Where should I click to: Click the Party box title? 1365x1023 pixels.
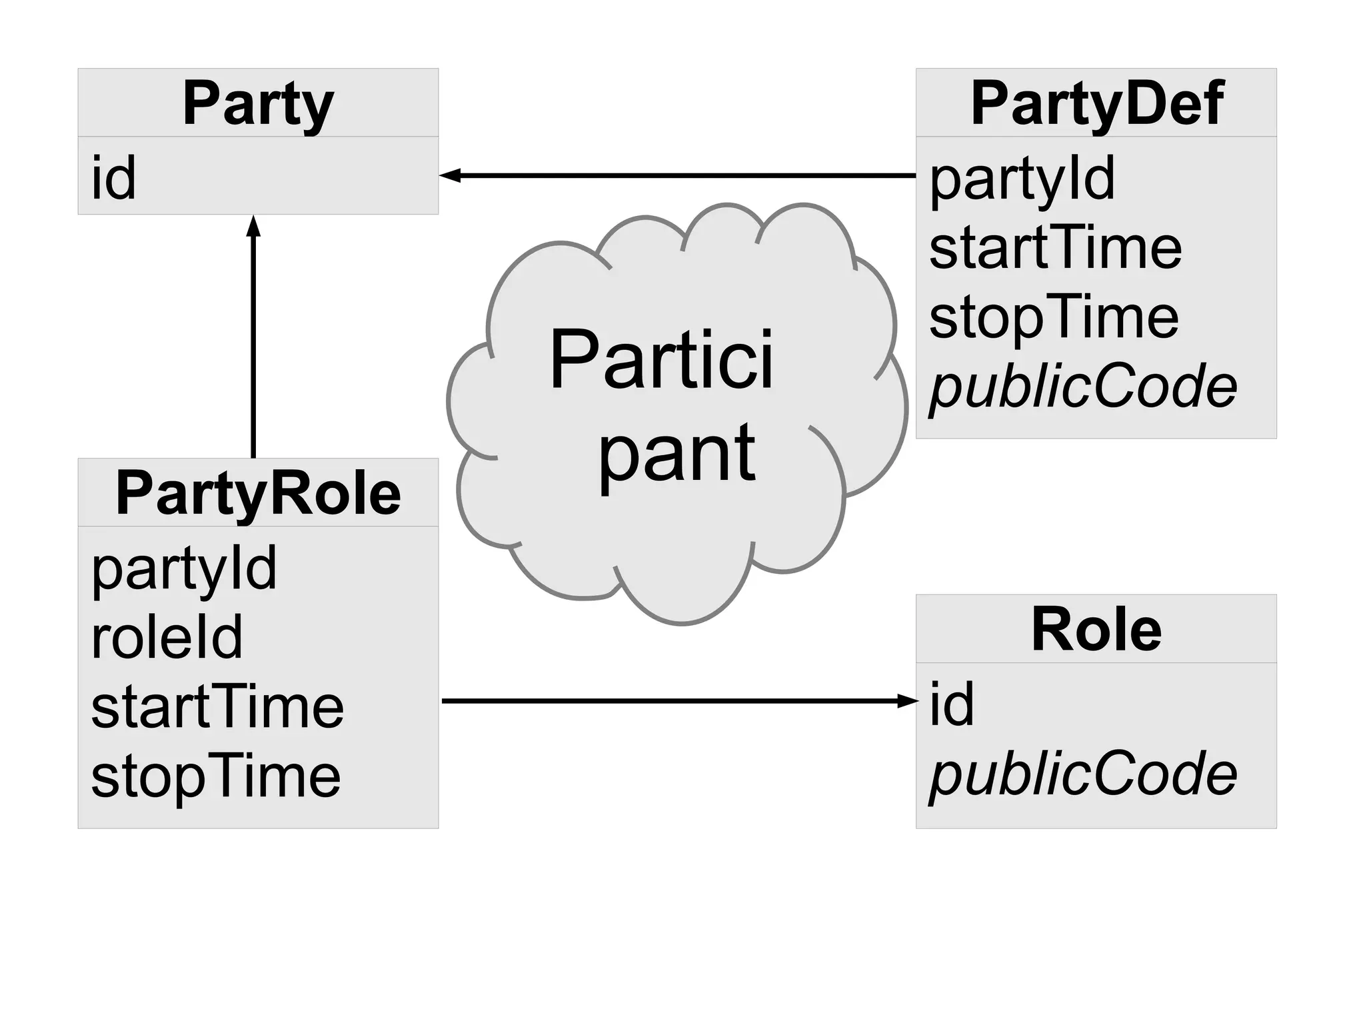point(258,103)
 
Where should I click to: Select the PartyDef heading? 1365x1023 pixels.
point(1096,103)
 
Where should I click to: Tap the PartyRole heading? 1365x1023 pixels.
point(258,493)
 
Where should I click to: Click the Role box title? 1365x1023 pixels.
point(1096,630)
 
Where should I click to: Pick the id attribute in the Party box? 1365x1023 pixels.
point(114,177)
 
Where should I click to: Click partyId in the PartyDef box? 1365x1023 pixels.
point(1022,179)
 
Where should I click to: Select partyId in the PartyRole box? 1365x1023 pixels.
point(184,568)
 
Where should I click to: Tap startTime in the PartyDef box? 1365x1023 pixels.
point(1055,248)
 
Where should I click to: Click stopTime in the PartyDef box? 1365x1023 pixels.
point(1054,317)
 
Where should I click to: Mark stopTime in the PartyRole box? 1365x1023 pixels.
point(216,776)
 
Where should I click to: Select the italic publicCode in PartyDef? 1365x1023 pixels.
point(1083,387)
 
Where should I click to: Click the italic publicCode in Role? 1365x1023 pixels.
point(1083,774)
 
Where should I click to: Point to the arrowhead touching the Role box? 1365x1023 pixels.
point(908,700)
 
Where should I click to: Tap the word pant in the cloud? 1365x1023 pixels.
point(677,455)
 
